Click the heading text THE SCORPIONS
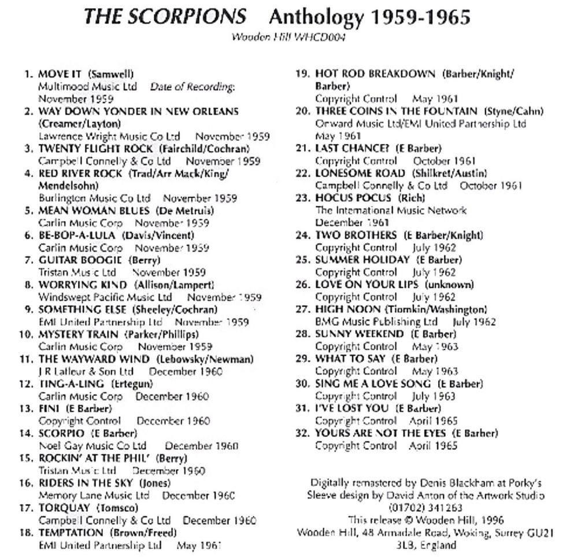[165, 16]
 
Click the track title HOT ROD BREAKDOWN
[375, 74]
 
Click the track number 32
[302, 433]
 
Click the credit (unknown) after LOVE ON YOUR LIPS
[449, 285]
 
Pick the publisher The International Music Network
[391, 211]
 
